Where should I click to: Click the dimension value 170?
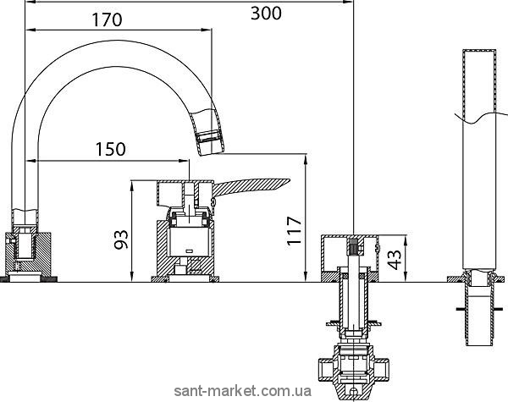point(108,19)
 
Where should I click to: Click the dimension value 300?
point(267,14)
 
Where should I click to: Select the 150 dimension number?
point(110,149)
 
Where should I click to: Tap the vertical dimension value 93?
point(121,240)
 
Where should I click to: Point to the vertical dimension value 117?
point(294,231)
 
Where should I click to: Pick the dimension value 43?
point(395,260)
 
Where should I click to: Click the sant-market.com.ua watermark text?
point(243,391)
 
